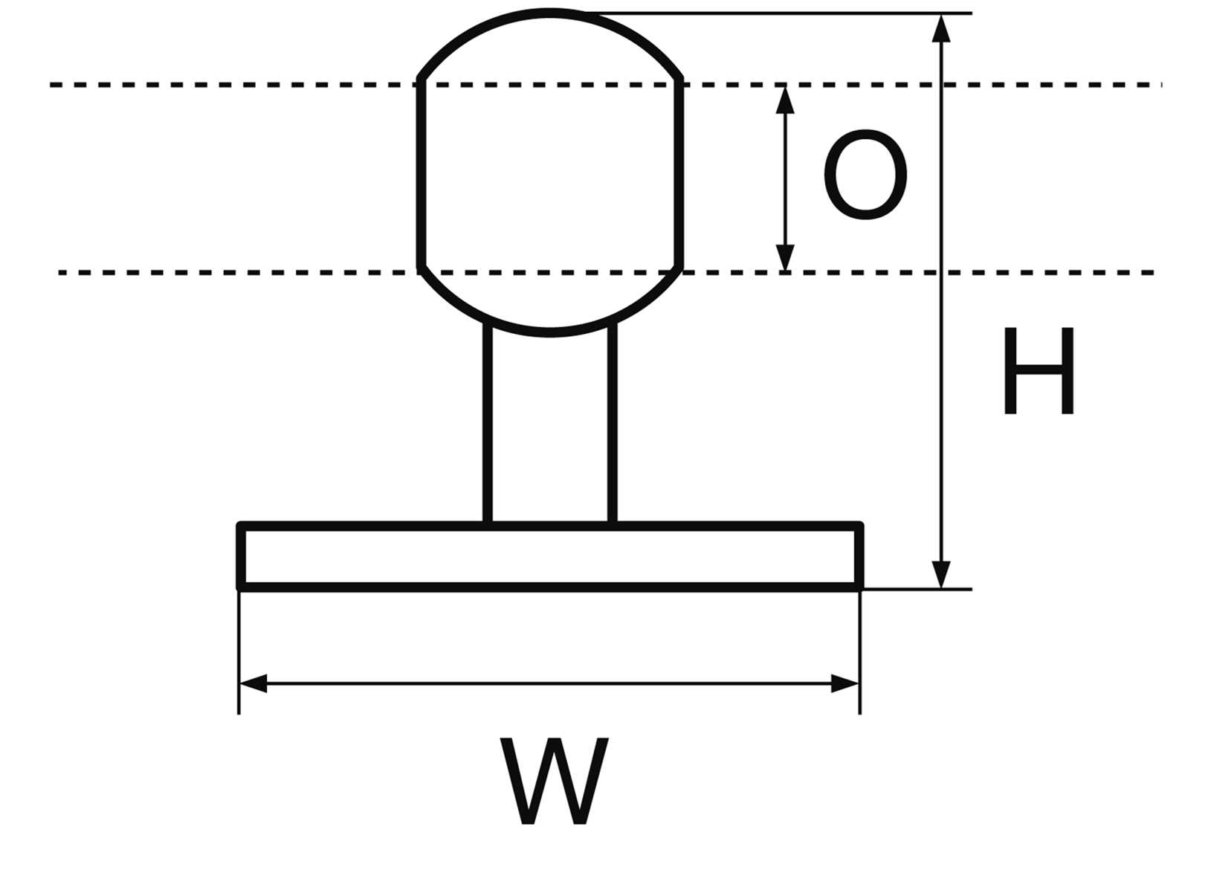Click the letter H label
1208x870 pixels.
pyautogui.click(x=1039, y=371)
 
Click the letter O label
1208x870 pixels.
pyautogui.click(x=865, y=175)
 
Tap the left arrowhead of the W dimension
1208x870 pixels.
pyautogui.click(x=253, y=683)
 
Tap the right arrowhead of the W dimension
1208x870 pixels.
pyautogui.click(x=845, y=683)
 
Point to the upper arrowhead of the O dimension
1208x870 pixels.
pyautogui.click(x=785, y=100)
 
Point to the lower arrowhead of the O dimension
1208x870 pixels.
pyautogui.click(x=785, y=258)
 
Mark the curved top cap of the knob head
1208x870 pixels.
pyautogui.click(x=550, y=13)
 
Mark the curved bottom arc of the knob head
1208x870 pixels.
pyautogui.click(x=550, y=331)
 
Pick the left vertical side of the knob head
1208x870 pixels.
pyautogui.click(x=421, y=175)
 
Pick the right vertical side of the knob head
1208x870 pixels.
pyautogui.click(x=680, y=175)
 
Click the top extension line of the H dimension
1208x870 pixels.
pyautogui.click(x=781, y=13)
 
